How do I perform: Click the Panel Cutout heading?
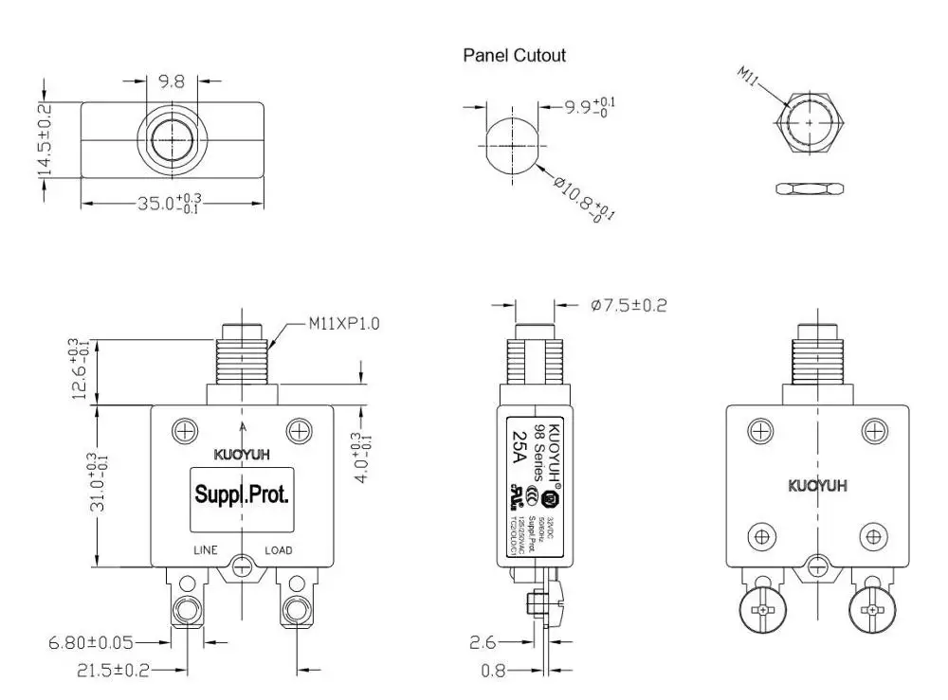click(x=514, y=55)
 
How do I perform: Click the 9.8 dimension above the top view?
click(x=172, y=82)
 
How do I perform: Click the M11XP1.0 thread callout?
click(x=344, y=323)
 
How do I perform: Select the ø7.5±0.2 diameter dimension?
click(x=629, y=305)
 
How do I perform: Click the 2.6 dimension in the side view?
click(x=483, y=643)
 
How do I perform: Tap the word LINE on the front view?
click(x=206, y=550)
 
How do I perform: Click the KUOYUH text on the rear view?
click(x=818, y=486)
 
